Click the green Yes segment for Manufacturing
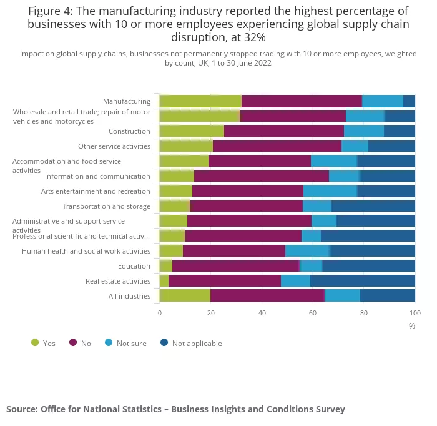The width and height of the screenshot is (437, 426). tap(200, 101)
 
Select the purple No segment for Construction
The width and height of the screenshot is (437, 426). tap(284, 131)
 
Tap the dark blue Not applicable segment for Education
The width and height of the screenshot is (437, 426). tap(368, 266)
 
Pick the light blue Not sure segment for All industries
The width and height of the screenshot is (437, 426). tap(342, 296)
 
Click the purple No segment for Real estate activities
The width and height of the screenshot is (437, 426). tap(225, 281)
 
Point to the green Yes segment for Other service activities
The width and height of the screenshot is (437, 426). tap(186, 146)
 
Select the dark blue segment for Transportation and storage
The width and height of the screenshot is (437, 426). tap(373, 206)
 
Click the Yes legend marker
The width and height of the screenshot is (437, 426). tap(35, 342)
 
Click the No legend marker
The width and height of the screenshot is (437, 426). tap(73, 342)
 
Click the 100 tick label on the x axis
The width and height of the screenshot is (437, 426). tap(415, 313)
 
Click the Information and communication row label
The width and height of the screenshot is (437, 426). tap(97, 176)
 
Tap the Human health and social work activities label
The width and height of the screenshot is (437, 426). tap(86, 251)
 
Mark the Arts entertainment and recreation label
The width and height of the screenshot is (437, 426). tap(96, 191)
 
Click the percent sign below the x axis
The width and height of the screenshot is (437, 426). tap(412, 325)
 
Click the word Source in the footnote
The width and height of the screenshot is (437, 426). tap(22, 409)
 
